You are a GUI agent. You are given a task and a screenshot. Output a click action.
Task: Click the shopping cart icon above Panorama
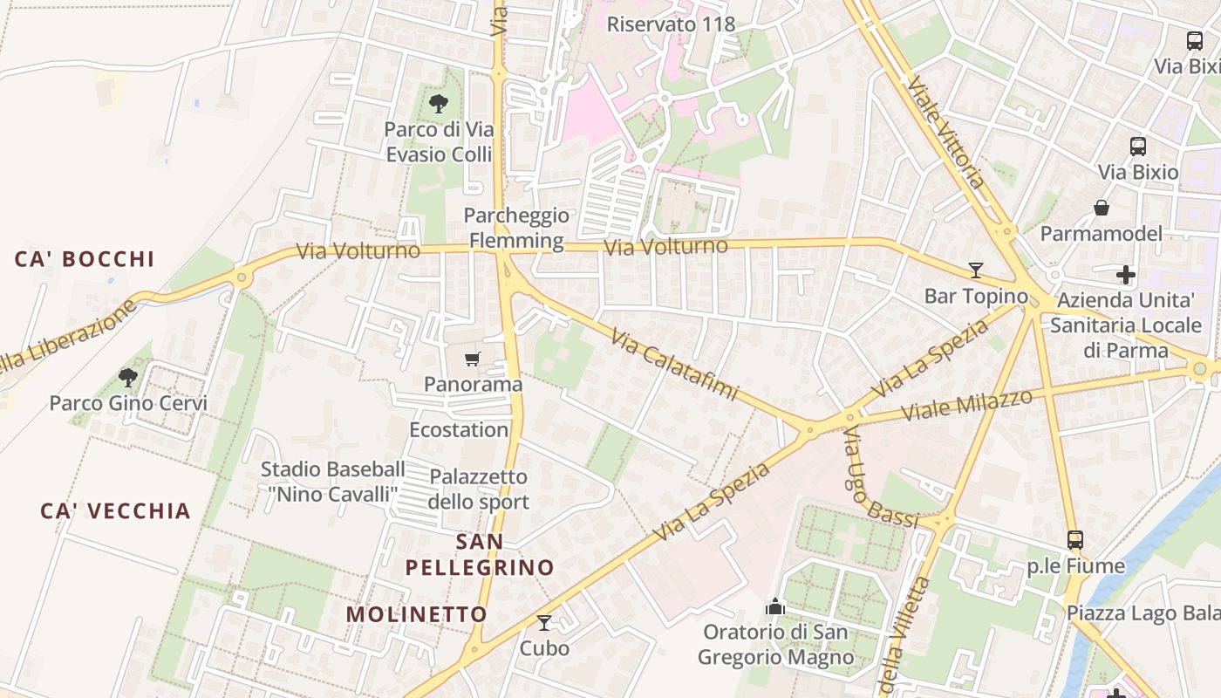[x=473, y=359]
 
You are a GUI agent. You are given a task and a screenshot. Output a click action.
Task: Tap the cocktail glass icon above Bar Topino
[x=976, y=270]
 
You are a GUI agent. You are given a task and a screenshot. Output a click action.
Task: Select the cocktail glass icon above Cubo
[x=544, y=622]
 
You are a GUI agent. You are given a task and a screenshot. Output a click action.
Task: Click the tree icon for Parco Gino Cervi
[x=128, y=378]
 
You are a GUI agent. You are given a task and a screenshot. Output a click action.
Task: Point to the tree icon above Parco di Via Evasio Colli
[x=439, y=104]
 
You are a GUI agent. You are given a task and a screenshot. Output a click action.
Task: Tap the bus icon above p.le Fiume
[x=1075, y=540]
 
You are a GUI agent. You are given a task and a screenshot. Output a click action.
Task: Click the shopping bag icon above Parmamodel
[x=1102, y=208]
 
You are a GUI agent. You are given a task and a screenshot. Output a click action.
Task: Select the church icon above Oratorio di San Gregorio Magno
[x=775, y=606]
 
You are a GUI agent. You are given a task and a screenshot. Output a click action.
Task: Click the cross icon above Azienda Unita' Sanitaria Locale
[x=1126, y=276]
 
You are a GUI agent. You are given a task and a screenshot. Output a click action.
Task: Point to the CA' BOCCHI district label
[x=85, y=259]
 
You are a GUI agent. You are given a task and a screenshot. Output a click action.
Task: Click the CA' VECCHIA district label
[x=115, y=511]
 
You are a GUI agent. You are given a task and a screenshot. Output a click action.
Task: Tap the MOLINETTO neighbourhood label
[x=417, y=614]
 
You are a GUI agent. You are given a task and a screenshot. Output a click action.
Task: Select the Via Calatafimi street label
[x=674, y=364]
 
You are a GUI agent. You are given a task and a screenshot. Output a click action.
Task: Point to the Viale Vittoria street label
[x=946, y=133]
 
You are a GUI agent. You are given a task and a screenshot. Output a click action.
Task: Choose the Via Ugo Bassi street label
[x=878, y=479]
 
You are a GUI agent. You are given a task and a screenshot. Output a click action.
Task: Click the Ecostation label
[x=459, y=430]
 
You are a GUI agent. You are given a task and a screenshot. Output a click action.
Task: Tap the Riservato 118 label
[x=672, y=24]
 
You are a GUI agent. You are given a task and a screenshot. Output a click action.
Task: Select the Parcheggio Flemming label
[x=516, y=228]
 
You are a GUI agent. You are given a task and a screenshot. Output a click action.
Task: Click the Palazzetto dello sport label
[x=479, y=489]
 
